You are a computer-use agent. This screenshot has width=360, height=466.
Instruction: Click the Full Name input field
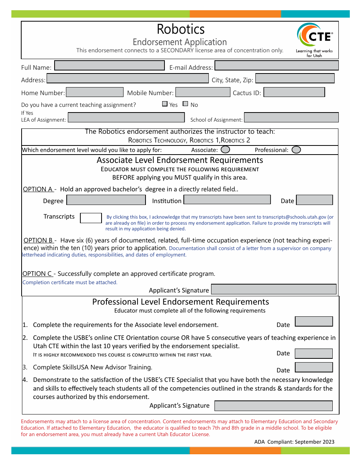click(x=110, y=66)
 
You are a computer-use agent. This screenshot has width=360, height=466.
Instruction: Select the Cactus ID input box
click(x=294, y=92)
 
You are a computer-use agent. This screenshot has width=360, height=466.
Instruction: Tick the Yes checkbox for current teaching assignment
click(x=165, y=104)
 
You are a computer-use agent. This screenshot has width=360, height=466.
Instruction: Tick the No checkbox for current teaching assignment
click(x=185, y=104)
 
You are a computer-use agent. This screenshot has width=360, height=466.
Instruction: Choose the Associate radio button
click(x=225, y=150)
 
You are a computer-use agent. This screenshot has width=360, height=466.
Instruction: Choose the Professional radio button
click(x=296, y=150)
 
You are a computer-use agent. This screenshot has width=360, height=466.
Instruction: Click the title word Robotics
click(x=180, y=29)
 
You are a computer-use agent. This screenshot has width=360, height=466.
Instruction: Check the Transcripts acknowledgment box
click(x=91, y=218)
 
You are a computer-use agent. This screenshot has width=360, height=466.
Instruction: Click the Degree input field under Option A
click(x=106, y=200)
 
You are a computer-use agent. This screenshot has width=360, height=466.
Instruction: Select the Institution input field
click(x=227, y=200)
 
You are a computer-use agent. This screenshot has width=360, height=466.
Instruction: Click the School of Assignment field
click(x=291, y=117)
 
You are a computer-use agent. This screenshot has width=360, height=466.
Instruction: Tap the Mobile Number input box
click(x=203, y=92)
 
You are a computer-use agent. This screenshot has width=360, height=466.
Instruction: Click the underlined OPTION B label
click(x=38, y=240)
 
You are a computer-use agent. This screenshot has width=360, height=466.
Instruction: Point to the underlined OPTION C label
click(x=38, y=274)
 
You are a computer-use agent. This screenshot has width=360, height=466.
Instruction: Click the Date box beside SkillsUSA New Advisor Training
click(x=313, y=367)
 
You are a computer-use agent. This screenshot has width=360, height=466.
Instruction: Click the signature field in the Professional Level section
click(x=273, y=406)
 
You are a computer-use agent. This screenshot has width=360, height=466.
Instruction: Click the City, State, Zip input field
click(x=295, y=78)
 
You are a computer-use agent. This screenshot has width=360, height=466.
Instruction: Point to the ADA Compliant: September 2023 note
click(x=294, y=442)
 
